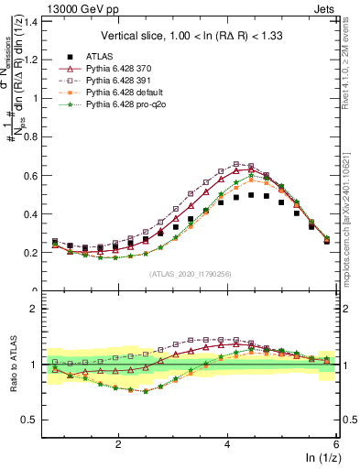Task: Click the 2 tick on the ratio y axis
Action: (33, 309)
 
